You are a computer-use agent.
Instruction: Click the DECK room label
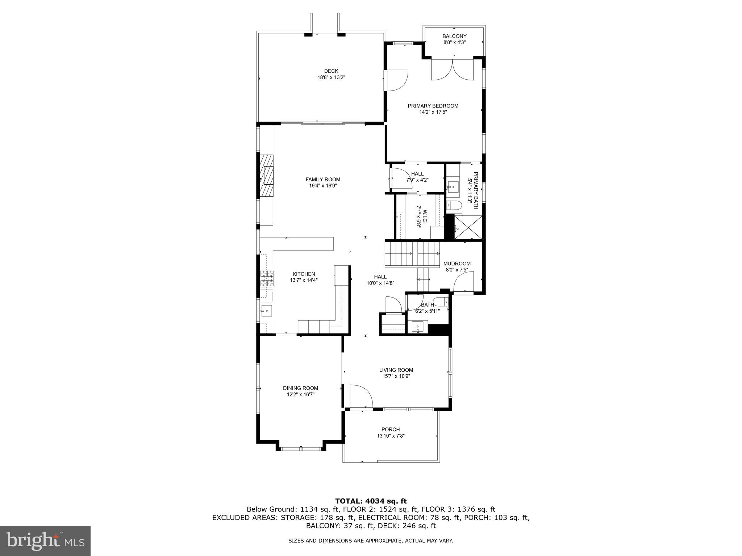click(x=331, y=71)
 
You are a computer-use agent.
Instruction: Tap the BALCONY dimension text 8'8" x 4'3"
click(x=454, y=42)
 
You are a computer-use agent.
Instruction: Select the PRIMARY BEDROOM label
click(x=433, y=106)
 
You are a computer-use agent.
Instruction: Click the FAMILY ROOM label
click(x=323, y=179)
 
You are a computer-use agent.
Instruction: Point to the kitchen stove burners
click(x=267, y=279)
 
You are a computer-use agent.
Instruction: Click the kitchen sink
click(x=266, y=310)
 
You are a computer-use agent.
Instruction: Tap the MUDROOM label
click(x=457, y=264)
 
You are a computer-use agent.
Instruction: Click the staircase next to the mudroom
click(x=412, y=254)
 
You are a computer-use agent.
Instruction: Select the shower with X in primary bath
click(x=468, y=227)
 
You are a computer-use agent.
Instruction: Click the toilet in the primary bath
click(x=453, y=206)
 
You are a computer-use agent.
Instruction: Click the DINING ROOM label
click(x=300, y=388)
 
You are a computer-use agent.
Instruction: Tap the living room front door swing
click(x=361, y=397)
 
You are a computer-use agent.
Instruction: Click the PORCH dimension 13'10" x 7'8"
click(x=391, y=436)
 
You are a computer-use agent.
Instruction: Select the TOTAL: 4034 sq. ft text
click(x=371, y=501)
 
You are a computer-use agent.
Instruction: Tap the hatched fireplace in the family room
click(x=267, y=176)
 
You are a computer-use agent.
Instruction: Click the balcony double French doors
click(x=452, y=69)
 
